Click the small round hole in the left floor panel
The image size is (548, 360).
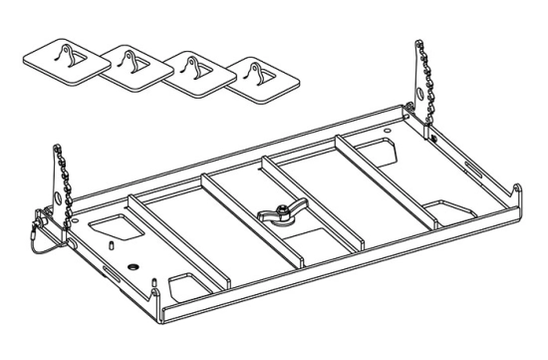coord(134,266)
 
